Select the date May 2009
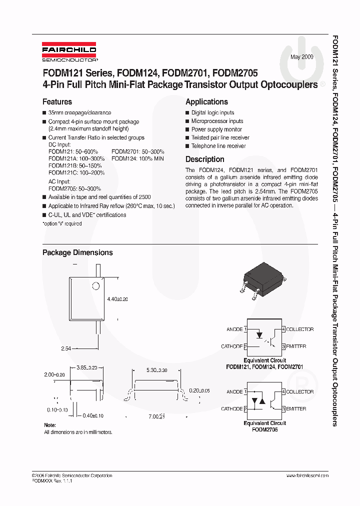pos(302,57)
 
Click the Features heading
pos(57,101)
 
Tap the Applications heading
pos(206,101)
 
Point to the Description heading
pos(204,159)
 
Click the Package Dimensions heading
pos(77,252)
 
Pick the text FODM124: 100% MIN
pos(138,158)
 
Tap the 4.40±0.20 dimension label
pos(117,299)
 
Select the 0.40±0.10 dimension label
pos(93,415)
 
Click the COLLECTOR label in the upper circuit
pos(300,329)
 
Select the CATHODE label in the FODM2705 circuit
pos(231,409)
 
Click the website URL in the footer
pos(307,475)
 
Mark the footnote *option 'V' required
pos(62,223)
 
